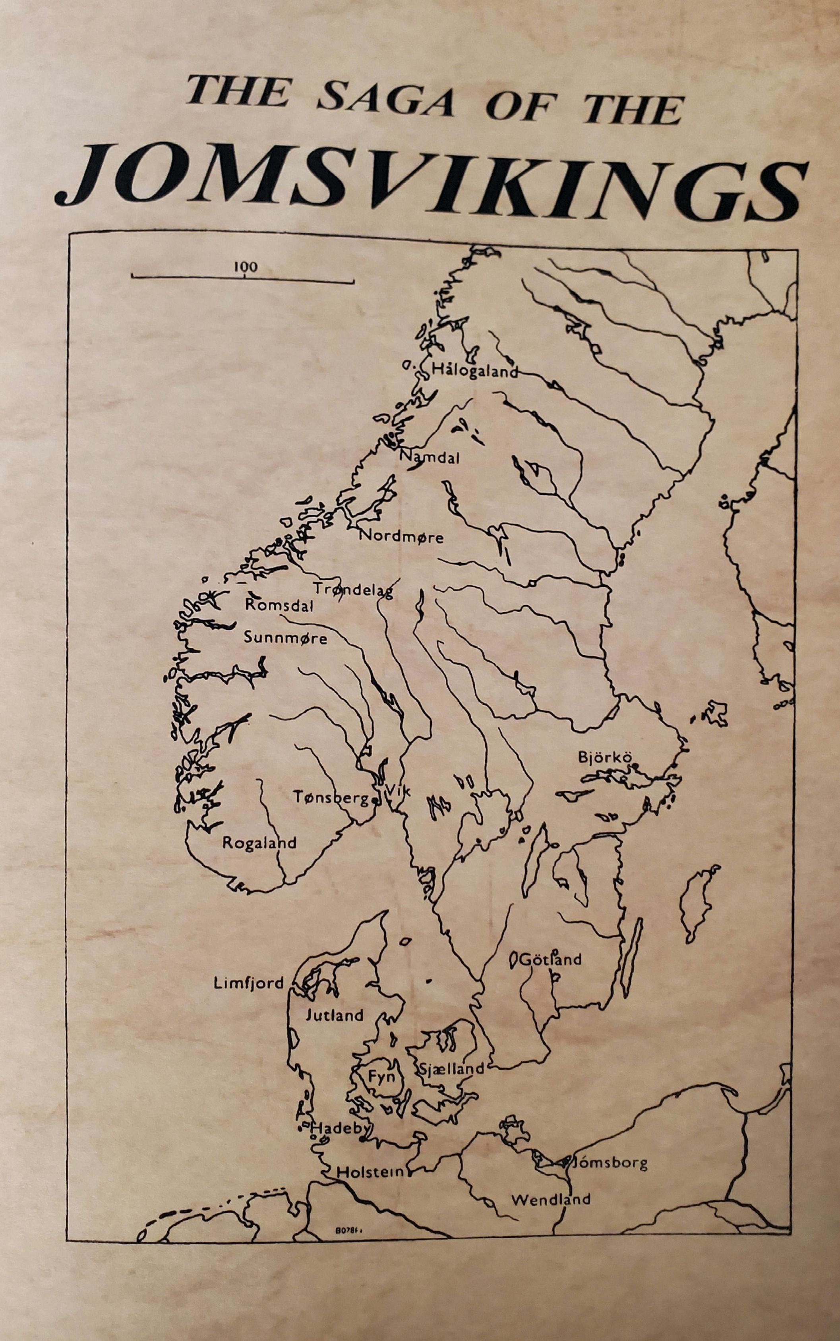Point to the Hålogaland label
click(x=474, y=371)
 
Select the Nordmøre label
click(x=401, y=537)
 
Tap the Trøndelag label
click(x=353, y=589)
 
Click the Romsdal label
click(x=279, y=605)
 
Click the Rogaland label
click(x=259, y=843)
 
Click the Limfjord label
click(x=248, y=983)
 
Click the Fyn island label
click(x=382, y=1077)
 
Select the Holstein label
click(x=372, y=1172)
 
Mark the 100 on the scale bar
click(x=245, y=267)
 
